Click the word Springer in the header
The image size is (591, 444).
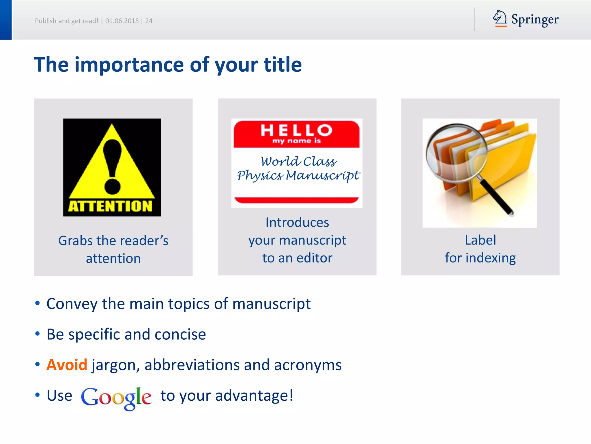tap(535, 20)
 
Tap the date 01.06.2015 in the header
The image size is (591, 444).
tap(122, 21)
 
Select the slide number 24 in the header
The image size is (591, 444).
tap(149, 21)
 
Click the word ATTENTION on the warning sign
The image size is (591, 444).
tap(110, 206)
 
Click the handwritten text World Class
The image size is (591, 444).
tap(298, 161)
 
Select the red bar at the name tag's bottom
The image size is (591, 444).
tap(296, 200)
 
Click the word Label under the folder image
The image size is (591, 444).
tap(480, 240)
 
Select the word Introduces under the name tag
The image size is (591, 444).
tap(297, 223)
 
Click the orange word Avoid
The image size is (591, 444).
tap(67, 365)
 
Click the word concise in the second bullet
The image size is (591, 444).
tap(180, 334)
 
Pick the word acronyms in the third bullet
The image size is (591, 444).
tap(308, 365)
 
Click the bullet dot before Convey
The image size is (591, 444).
tap(38, 303)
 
